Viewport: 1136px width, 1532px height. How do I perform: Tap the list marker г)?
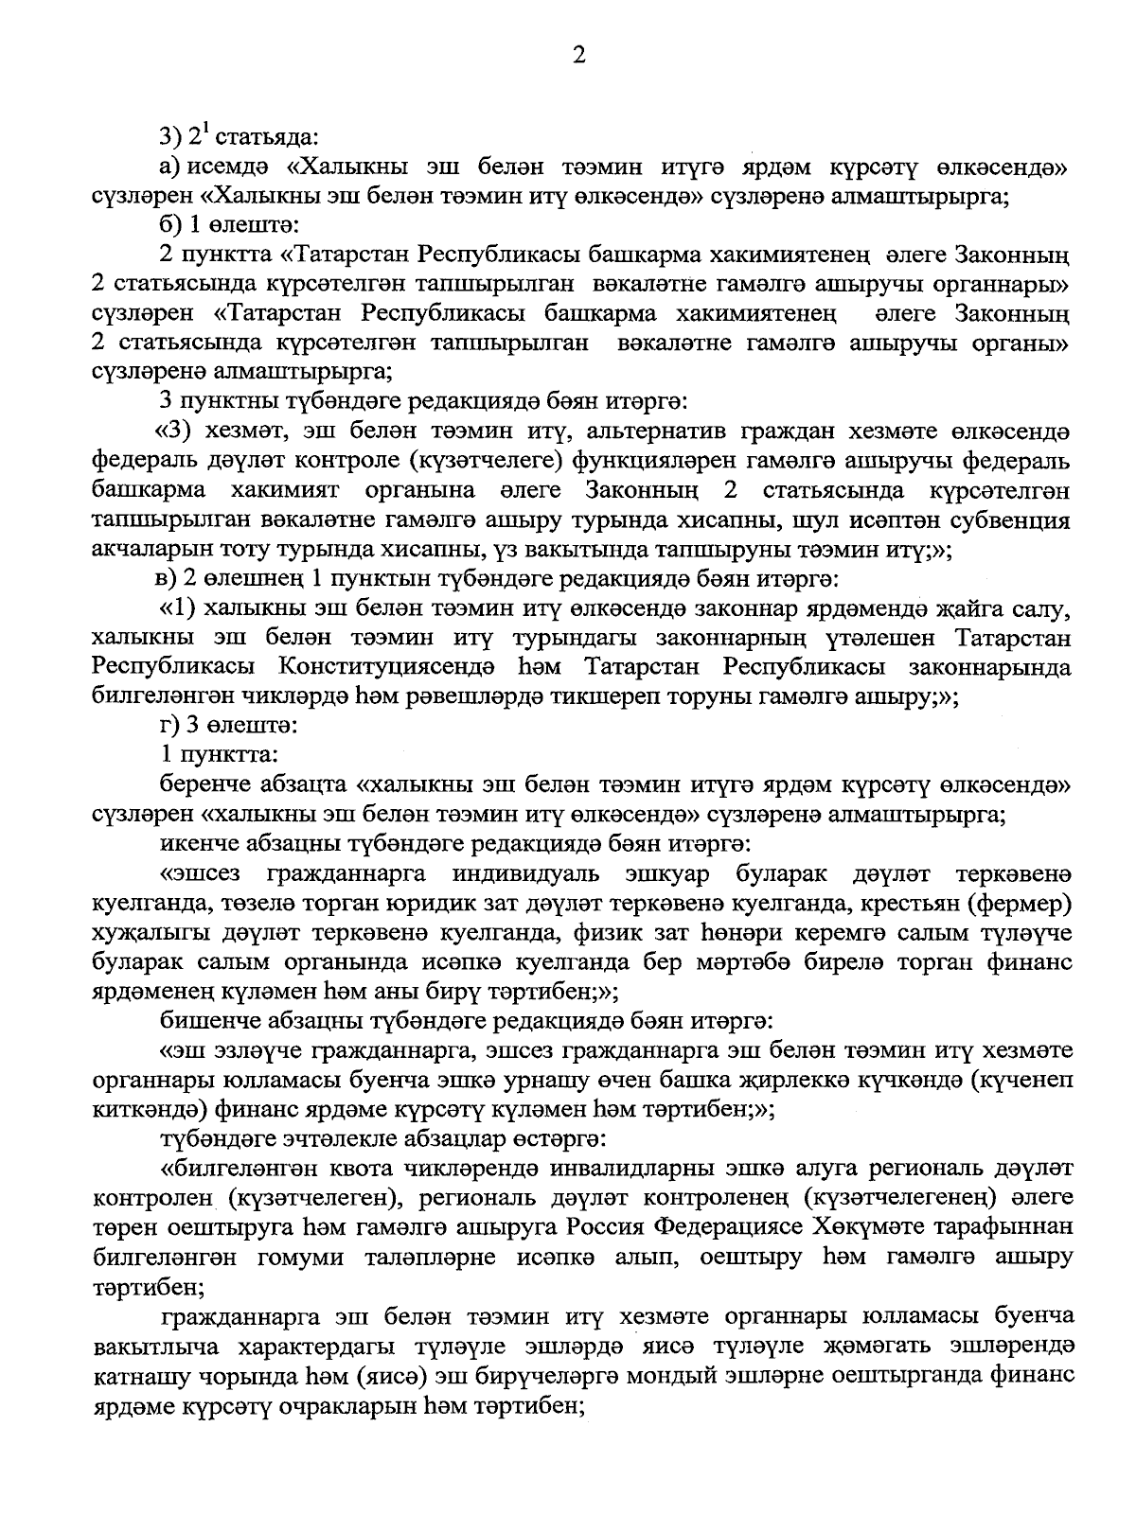(171, 726)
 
